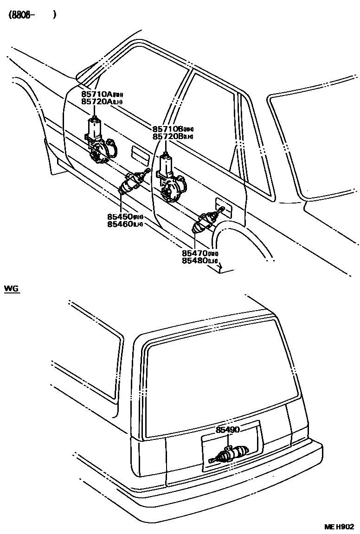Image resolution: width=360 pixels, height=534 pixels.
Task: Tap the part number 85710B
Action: click(x=168, y=129)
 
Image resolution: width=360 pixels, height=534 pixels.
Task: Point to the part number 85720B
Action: click(x=168, y=136)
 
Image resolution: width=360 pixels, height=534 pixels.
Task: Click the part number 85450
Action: click(x=120, y=217)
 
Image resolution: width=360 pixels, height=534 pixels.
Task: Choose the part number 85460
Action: click(x=120, y=224)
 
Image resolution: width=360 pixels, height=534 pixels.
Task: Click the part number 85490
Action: click(x=228, y=430)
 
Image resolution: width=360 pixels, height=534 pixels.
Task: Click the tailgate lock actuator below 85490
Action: click(x=231, y=454)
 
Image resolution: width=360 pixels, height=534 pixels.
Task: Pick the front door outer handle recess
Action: click(x=139, y=153)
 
